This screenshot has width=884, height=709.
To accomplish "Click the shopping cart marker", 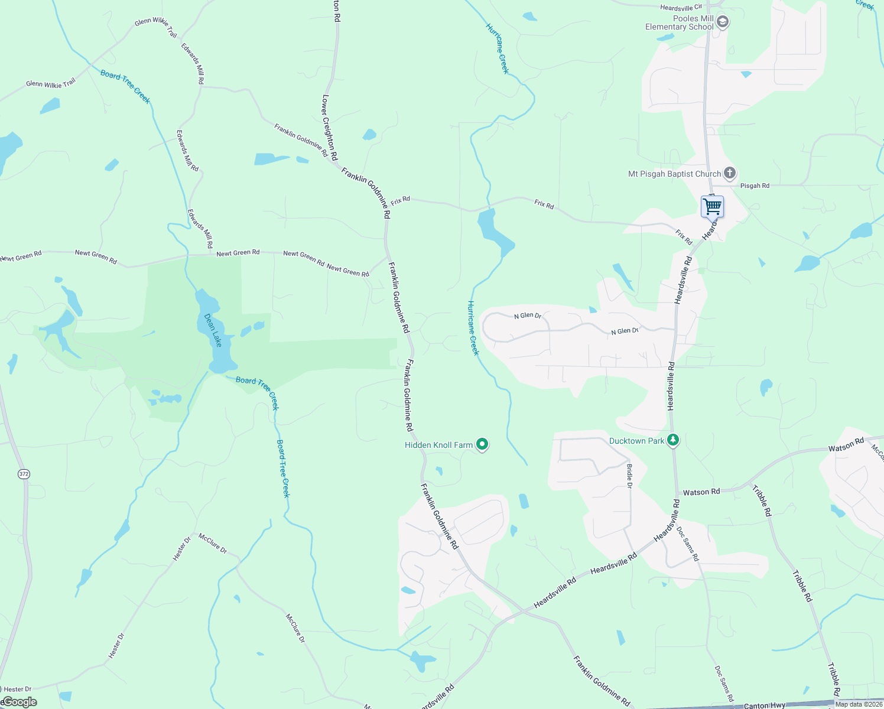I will click(x=712, y=207).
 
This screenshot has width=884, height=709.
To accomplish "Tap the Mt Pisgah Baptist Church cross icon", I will click(x=730, y=173).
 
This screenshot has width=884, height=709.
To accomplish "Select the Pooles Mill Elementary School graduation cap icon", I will click(x=722, y=23).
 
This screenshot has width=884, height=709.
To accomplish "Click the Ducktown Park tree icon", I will click(x=672, y=440).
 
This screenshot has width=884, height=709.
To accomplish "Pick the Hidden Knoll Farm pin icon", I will click(x=482, y=444).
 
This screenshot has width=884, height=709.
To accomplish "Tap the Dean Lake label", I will click(x=213, y=330).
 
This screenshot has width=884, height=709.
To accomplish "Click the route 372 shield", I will click(x=24, y=474).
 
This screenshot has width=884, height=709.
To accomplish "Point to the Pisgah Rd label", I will click(x=755, y=186).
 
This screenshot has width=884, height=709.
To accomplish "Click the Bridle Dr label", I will click(x=629, y=476).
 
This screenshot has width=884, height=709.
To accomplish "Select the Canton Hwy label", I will click(x=764, y=705).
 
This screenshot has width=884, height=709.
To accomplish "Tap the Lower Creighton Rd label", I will click(x=330, y=128).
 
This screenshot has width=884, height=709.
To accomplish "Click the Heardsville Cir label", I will click(x=681, y=8).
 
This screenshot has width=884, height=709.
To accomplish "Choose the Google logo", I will click(x=19, y=702).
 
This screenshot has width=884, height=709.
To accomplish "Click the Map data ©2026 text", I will click(x=859, y=704).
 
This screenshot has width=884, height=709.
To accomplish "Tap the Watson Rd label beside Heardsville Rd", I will click(x=701, y=492).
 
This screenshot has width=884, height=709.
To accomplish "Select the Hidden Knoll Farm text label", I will click(x=438, y=445).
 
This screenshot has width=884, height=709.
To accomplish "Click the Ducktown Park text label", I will click(x=636, y=441).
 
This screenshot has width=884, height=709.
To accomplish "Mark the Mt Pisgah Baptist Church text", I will click(x=674, y=174).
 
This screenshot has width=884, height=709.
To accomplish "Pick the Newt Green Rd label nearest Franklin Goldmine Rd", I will click(x=348, y=270).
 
